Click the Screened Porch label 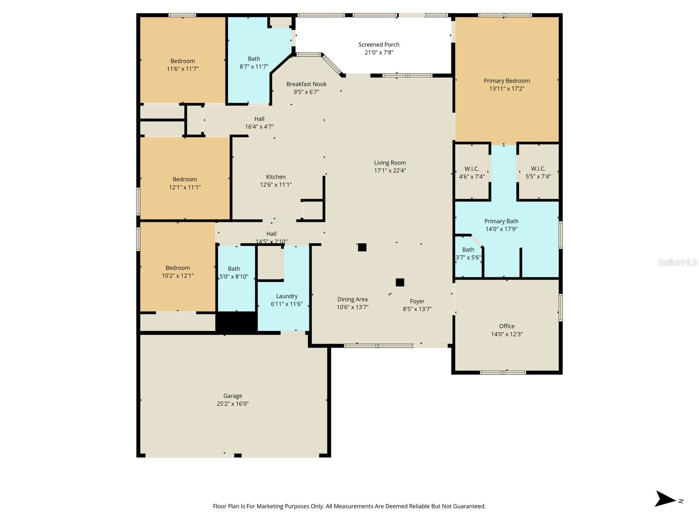tap(379, 45)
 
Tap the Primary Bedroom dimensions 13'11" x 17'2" tap(506, 89)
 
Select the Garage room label tap(232, 396)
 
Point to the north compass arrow tap(665, 499)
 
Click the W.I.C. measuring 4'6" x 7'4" tap(471, 172)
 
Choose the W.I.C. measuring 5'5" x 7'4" tap(538, 172)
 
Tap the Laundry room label tap(287, 296)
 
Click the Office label tap(507, 326)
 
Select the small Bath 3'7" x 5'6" tap(468, 254)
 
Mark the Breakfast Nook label tap(306, 84)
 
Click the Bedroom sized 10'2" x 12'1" tap(177, 272)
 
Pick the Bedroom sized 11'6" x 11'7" tap(183, 65)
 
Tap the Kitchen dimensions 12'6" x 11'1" tap(276, 185)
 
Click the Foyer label tap(417, 301)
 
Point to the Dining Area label tap(352, 300)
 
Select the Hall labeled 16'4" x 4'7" tap(259, 123)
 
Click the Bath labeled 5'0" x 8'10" tap(234, 272)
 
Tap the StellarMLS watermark tap(677, 262)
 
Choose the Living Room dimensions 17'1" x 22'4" tap(390, 171)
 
